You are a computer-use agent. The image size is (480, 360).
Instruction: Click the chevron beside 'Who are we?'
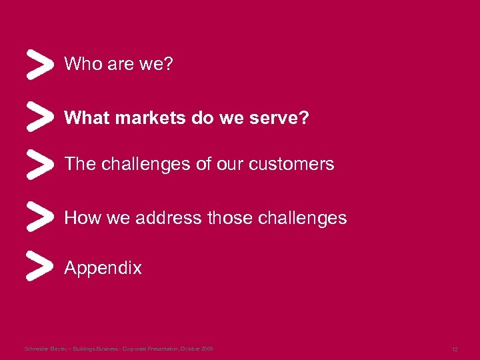(x=39, y=65)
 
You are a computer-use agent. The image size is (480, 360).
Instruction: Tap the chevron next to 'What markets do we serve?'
(x=39, y=117)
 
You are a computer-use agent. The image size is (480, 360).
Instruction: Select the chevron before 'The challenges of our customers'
(x=39, y=163)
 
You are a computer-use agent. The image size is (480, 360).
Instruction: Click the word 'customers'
(x=294, y=164)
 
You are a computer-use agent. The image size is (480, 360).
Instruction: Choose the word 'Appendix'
(x=103, y=269)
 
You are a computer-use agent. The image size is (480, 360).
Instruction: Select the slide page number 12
(x=454, y=349)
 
